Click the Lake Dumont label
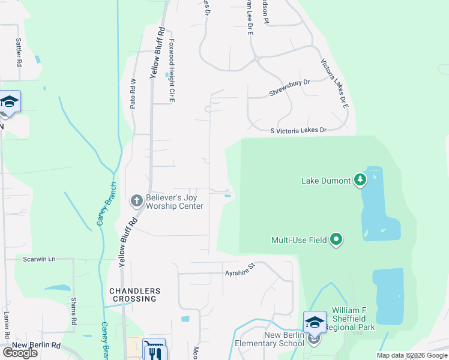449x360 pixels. [326, 181]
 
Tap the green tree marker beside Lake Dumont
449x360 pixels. [360, 179]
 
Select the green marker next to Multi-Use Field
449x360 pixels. [336, 240]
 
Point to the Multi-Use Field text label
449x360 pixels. [299, 241]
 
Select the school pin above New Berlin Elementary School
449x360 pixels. [315, 323]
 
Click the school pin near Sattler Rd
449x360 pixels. [10, 102]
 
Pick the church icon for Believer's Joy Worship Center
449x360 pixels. [136, 200]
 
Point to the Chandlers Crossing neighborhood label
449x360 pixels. [133, 295]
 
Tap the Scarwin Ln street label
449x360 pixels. [39, 259]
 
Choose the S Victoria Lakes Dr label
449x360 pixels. [298, 130]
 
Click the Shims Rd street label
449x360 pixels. [74, 307]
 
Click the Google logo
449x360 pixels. [20, 353]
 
